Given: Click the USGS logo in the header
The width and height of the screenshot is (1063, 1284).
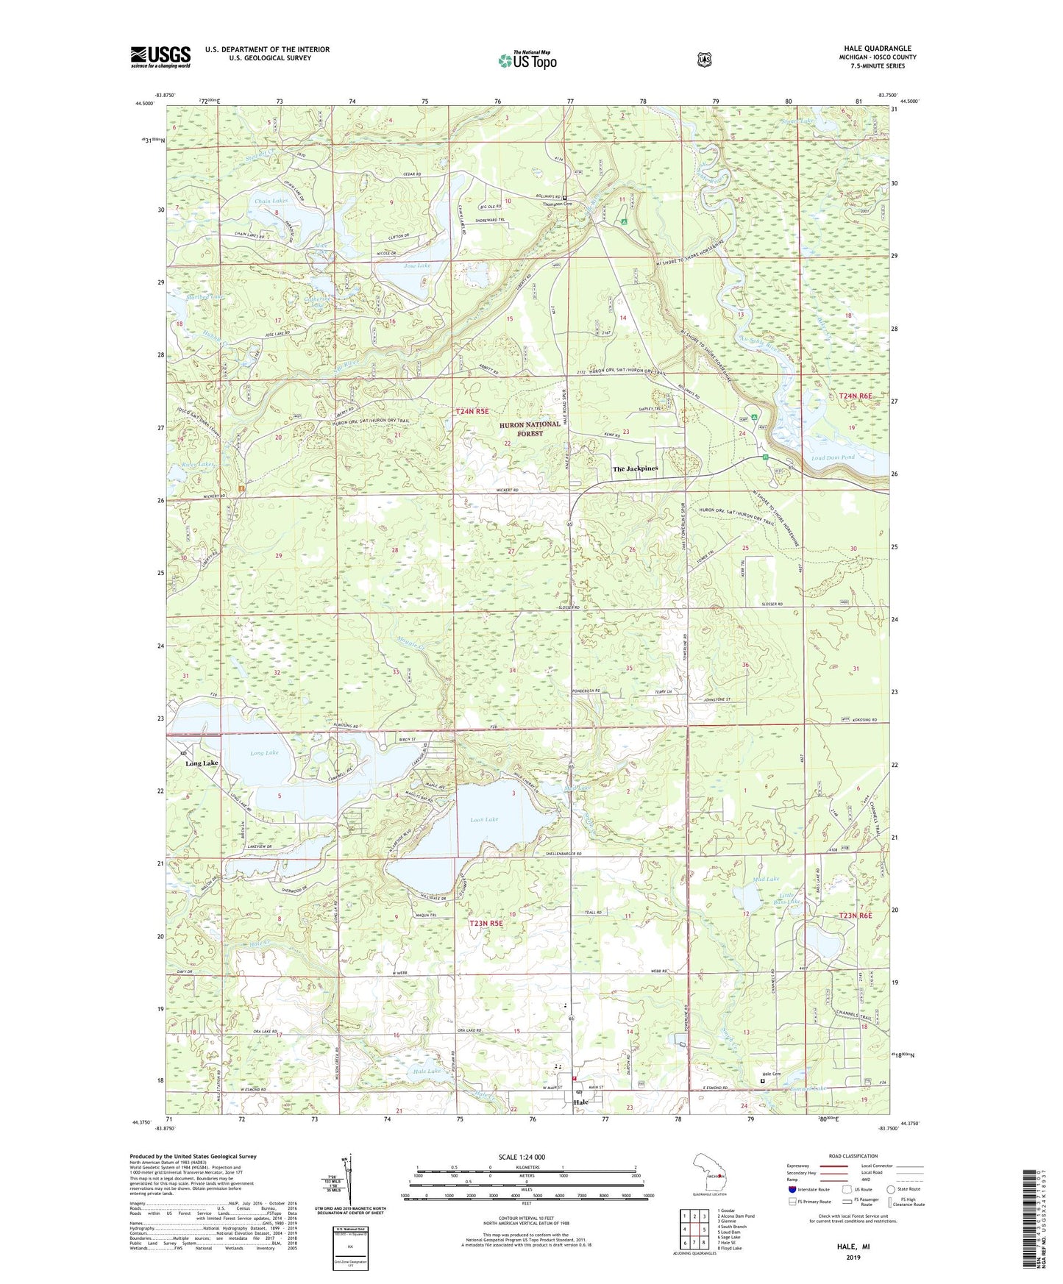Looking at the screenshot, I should (160, 57).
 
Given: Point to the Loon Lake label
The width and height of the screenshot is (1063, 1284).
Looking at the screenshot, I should (484, 818).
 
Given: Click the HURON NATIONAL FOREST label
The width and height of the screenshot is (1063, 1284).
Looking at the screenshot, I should (530, 429).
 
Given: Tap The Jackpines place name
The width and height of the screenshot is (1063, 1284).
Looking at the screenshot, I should (636, 468).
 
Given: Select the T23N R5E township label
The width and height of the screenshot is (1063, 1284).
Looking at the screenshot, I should (486, 923).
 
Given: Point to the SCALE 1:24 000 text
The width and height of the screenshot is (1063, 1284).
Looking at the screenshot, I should (522, 1157).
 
